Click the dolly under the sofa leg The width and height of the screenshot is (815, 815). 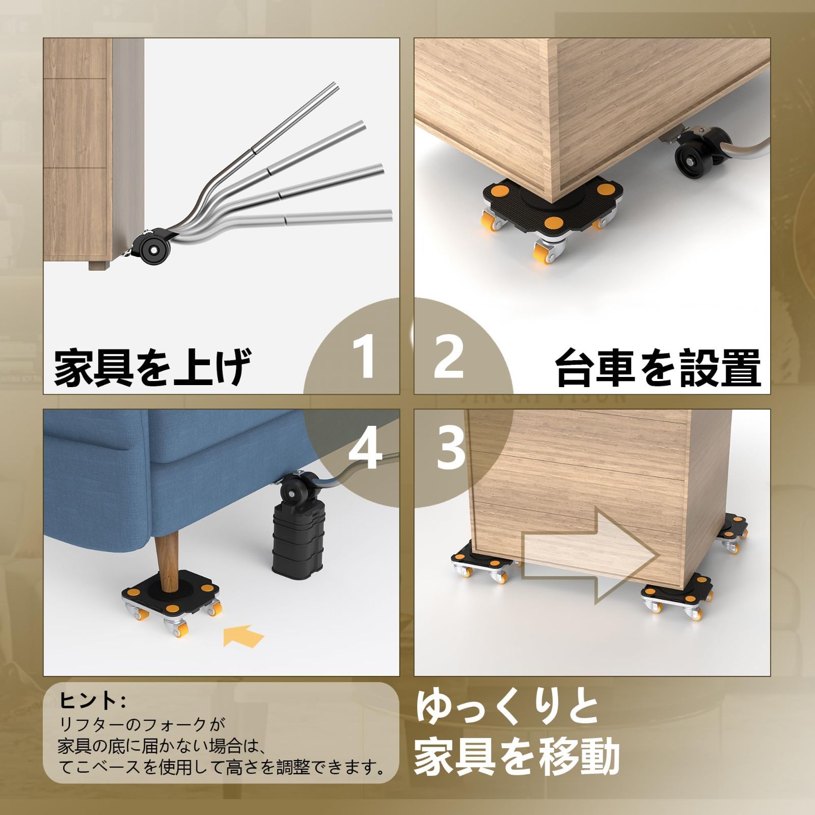pos(173,602)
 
